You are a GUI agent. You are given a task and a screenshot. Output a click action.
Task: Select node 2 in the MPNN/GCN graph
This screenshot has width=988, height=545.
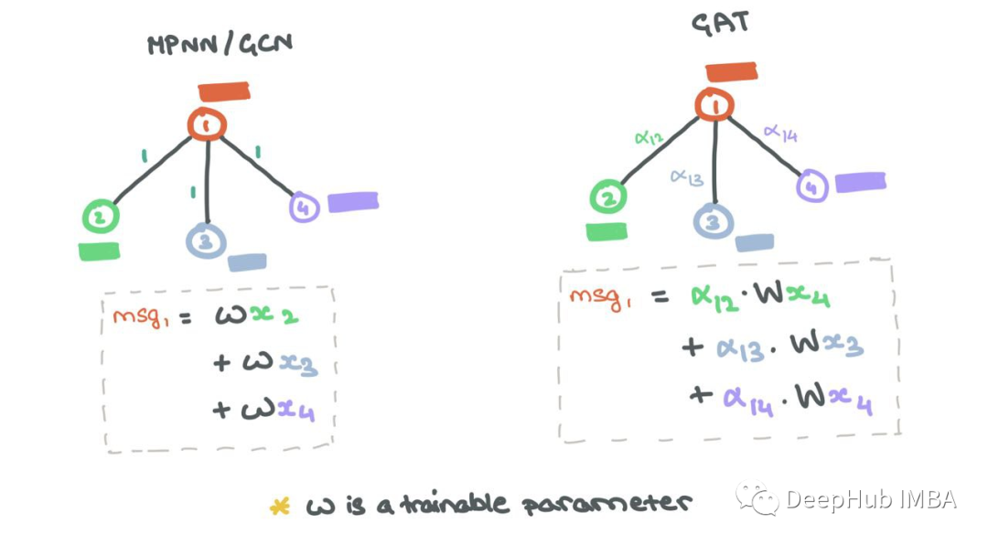click(101, 217)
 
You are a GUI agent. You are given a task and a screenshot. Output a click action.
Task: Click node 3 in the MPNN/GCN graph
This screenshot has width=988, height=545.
click(206, 240)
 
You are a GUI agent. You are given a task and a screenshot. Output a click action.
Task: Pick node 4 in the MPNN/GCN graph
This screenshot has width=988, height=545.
click(304, 208)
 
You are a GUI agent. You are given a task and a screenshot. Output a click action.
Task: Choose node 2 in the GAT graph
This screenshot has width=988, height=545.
click(608, 197)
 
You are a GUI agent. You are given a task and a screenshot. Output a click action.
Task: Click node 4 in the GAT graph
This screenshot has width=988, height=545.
click(811, 187)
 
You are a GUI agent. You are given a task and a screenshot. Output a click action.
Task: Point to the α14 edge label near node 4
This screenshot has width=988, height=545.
click(780, 134)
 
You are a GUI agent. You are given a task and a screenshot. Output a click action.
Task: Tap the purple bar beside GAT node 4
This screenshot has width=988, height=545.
click(860, 182)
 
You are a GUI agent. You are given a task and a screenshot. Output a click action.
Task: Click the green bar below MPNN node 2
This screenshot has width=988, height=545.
click(99, 251)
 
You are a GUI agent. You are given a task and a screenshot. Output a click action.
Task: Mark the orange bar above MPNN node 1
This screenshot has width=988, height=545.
click(224, 91)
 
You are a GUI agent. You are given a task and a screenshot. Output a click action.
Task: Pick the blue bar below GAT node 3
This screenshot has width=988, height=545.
click(754, 242)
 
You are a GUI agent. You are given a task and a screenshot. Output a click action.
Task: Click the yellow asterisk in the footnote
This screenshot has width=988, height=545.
click(279, 506)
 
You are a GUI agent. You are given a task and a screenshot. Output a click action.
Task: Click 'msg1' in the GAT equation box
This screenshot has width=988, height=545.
click(600, 297)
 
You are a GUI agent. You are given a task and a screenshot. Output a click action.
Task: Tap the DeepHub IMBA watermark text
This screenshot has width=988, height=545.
click(870, 500)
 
